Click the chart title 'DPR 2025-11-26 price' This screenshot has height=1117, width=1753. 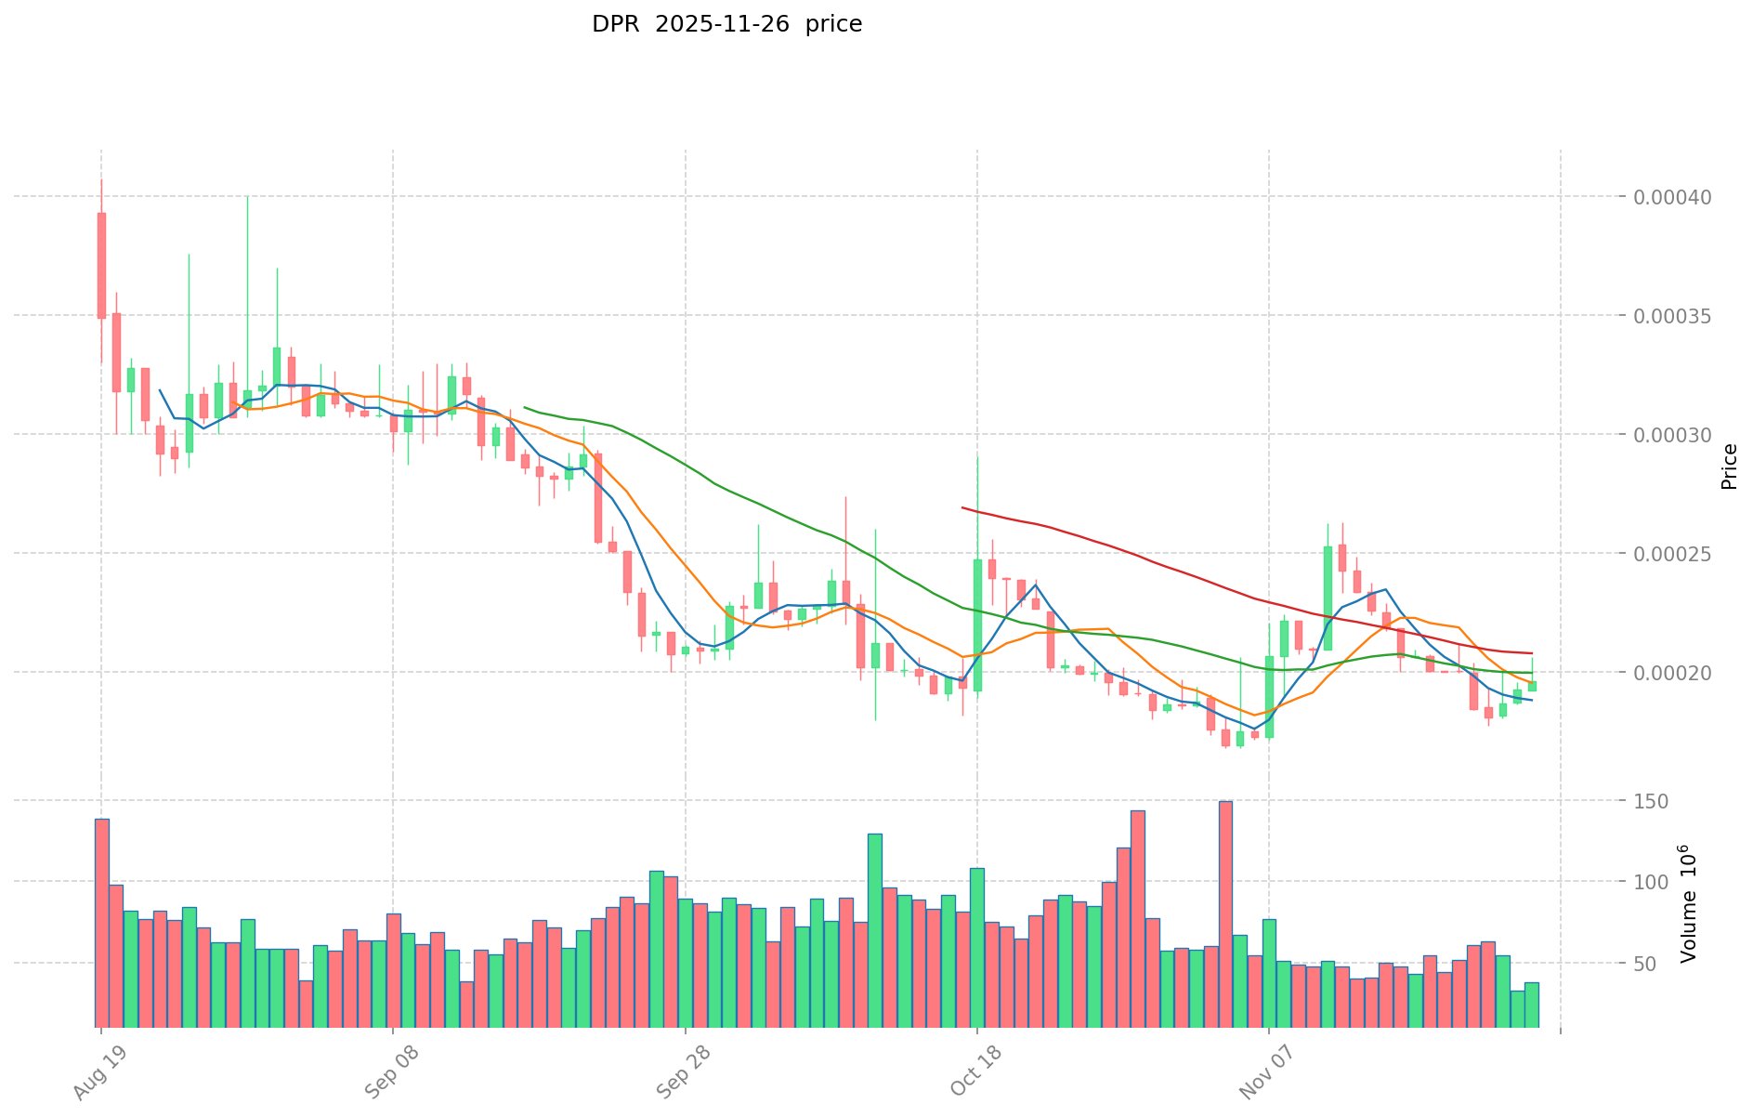click(726, 24)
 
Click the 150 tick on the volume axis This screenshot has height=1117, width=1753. click(1653, 801)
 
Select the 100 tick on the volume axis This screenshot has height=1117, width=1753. click(1653, 882)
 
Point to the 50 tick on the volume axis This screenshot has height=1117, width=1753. click(1658, 964)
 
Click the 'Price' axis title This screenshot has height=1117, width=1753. click(1729, 467)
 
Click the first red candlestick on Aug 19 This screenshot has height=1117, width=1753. click(101, 266)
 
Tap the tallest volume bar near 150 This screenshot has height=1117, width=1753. click(1225, 913)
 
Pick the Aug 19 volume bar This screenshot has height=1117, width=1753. click(101, 922)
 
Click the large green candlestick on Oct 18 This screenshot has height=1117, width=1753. click(977, 624)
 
